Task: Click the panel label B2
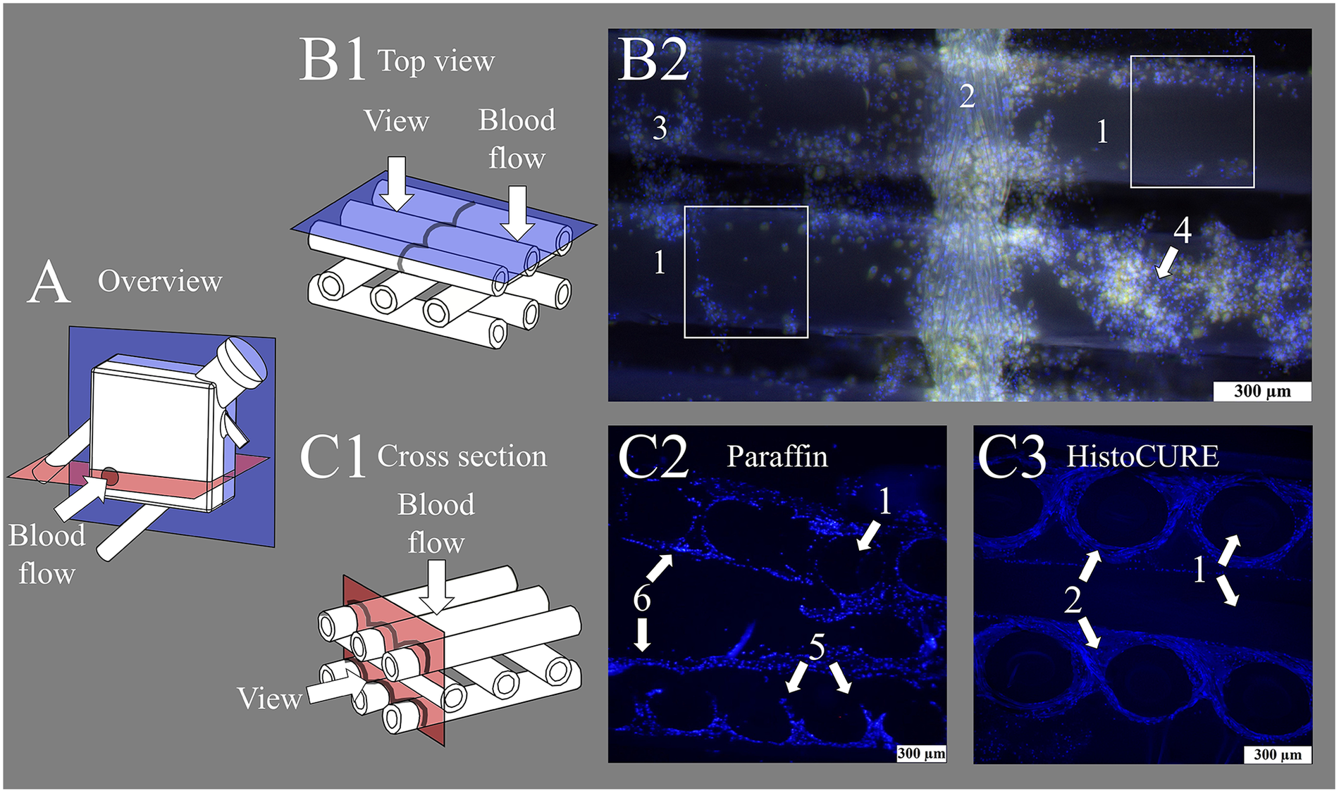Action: coord(653,61)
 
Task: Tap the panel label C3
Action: coord(1012,457)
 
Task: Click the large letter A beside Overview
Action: coord(49,282)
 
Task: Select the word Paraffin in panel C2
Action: coord(777,457)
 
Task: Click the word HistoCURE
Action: coord(1142,457)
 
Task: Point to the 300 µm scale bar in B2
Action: coord(1261,392)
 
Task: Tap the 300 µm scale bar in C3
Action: coord(1276,754)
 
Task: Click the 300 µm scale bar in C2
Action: coord(920,754)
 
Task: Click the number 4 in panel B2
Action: coord(1182,230)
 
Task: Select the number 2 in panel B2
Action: coord(967,96)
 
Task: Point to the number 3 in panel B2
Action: coord(659,128)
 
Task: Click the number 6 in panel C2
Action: coord(641,599)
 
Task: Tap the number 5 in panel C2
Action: coord(816,647)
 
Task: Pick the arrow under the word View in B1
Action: coord(397,182)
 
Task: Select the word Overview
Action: coord(160,282)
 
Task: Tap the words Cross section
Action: coord(462,456)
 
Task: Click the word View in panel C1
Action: coord(269,699)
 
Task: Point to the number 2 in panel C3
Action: coord(1072,600)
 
